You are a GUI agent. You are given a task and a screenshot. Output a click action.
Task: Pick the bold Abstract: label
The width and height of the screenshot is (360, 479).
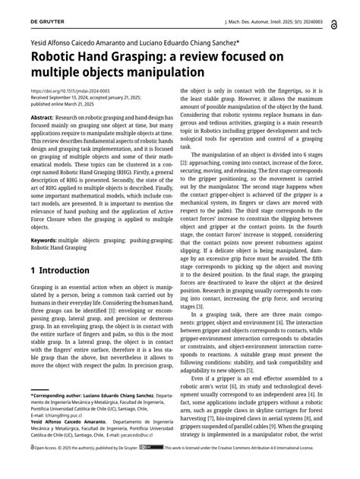pyautogui.click(x=43, y=118)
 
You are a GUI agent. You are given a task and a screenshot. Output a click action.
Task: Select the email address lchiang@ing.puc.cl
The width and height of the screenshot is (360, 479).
pyautogui.click(x=66, y=438)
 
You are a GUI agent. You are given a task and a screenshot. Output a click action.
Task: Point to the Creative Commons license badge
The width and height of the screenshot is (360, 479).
pyautogui.click(x=172, y=470)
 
